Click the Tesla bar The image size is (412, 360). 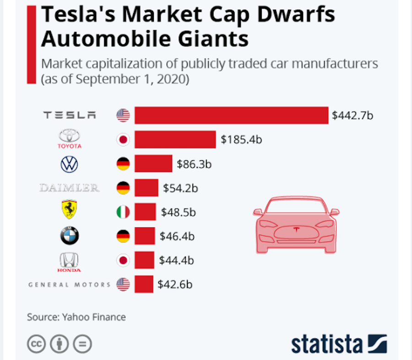pyautogui.click(x=231, y=115)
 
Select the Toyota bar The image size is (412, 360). pyautogui.click(x=175, y=140)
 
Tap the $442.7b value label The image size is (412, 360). pyautogui.click(x=352, y=115)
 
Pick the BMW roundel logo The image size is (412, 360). pyautogui.click(x=70, y=236)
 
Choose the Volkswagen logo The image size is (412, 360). pyautogui.click(x=70, y=164)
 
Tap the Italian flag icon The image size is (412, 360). pyautogui.click(x=123, y=212)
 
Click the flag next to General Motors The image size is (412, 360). pyautogui.click(x=123, y=284)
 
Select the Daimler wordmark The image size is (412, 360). pyautogui.click(x=70, y=188)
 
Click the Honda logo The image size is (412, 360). pyautogui.click(x=70, y=262)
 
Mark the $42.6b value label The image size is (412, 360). pyautogui.click(x=175, y=284)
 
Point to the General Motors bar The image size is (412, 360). pyautogui.click(x=144, y=284)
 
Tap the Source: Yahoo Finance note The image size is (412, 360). pyautogui.click(x=76, y=317)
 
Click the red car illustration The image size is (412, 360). pyautogui.click(x=296, y=224)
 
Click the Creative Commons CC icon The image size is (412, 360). pyautogui.click(x=36, y=344)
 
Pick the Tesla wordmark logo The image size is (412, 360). pyautogui.click(x=70, y=115)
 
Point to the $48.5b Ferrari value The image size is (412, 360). pyautogui.click(x=179, y=212)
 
